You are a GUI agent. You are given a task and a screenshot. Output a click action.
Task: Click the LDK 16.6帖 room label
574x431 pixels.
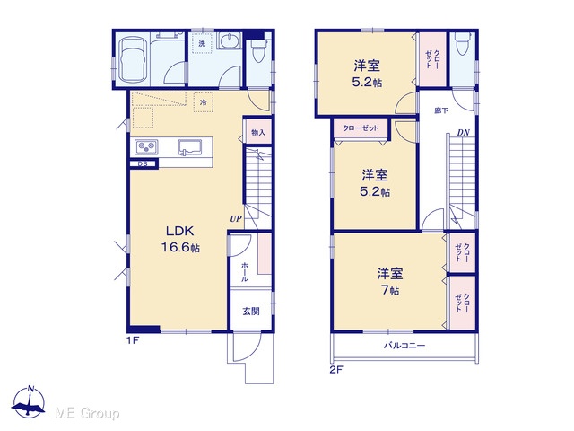181,240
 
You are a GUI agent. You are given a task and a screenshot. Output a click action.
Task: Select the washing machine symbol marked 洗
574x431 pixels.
202,43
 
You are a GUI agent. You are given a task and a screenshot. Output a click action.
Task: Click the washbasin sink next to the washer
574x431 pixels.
230,40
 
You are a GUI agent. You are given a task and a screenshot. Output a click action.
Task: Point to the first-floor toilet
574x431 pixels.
258,50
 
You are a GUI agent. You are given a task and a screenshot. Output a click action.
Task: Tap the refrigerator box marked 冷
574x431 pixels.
204,102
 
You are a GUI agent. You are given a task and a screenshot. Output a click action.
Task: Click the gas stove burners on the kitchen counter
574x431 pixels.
146,147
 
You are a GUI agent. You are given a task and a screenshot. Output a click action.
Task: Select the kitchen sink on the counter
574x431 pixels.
190,147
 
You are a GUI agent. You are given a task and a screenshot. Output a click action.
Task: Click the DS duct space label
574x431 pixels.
143,163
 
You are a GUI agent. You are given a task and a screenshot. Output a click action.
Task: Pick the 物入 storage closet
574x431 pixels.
258,132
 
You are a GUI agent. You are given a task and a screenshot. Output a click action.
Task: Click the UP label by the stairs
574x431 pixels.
236,219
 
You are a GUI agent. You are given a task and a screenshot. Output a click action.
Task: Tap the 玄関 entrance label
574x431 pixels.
251,312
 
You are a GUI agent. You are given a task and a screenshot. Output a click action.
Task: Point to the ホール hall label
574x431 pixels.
245,272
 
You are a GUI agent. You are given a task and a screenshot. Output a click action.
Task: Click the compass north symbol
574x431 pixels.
29,401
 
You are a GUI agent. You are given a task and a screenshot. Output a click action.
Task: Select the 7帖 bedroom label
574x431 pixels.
390,281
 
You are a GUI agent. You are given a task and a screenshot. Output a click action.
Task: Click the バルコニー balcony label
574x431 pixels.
404,345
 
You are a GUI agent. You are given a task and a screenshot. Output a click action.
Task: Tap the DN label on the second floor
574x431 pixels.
463,133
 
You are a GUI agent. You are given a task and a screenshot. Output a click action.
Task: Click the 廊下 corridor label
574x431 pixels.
441,110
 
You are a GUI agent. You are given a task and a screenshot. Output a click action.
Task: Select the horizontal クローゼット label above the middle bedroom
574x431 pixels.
361,128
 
